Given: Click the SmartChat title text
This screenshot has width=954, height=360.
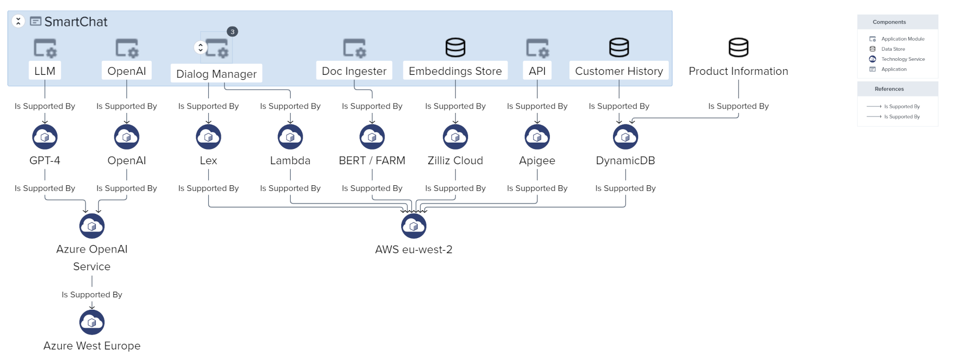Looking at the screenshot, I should tap(75, 22).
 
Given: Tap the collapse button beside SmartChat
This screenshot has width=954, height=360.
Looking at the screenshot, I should tap(18, 21).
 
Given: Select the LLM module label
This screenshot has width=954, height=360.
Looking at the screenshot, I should tap(45, 71).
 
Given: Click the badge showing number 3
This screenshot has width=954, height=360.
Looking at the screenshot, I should tap(232, 32).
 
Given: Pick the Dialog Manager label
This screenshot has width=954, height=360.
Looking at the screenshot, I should tap(216, 74).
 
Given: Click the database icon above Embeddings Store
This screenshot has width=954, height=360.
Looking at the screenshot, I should tap(455, 48).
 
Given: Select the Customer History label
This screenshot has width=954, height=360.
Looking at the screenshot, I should tap(619, 71).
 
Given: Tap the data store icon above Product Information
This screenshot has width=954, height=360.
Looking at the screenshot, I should tap(738, 48).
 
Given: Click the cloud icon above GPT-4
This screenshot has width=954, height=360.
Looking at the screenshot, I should tap(45, 137).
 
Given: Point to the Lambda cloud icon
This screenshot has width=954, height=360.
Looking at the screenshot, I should tap(290, 137).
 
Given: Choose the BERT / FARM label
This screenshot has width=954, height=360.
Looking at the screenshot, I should tap(372, 161).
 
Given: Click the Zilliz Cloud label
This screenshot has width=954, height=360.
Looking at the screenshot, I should tap(455, 161).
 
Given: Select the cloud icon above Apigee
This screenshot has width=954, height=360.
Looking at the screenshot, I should tap(537, 137).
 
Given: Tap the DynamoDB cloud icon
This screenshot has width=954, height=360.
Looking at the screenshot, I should tap(625, 137).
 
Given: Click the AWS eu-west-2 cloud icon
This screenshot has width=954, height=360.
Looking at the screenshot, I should tap(413, 226).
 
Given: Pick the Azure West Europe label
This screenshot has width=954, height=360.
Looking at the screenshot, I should tap(92, 345).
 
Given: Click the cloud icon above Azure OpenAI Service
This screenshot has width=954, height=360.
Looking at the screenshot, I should tap(92, 226).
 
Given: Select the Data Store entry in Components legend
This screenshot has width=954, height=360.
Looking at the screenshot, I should tap(893, 49).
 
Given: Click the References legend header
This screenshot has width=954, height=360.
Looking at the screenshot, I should tap(889, 89).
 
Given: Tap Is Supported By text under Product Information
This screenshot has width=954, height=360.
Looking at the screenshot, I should tap(738, 106).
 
